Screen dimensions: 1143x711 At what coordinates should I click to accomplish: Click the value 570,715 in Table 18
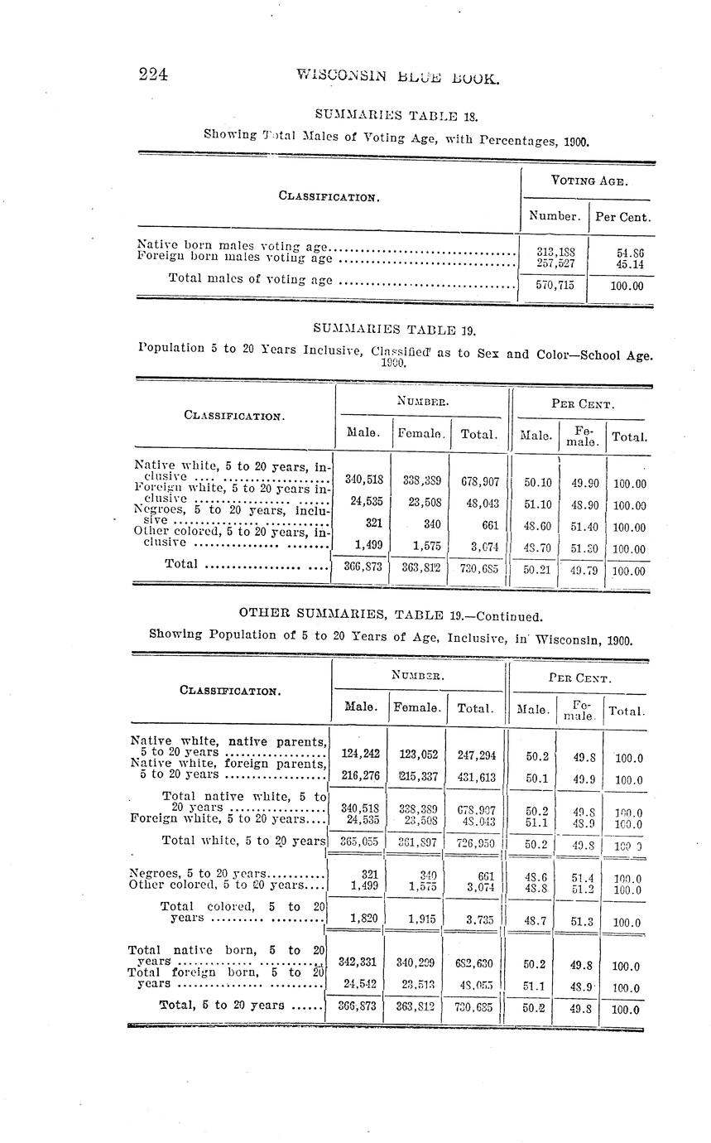[x=550, y=285]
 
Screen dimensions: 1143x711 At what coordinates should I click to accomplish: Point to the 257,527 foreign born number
[x=550, y=263]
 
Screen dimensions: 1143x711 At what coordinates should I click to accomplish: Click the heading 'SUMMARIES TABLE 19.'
[x=395, y=330]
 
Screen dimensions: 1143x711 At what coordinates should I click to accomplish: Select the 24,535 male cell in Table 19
[x=363, y=502]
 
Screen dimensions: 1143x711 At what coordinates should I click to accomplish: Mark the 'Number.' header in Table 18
[x=554, y=216]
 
